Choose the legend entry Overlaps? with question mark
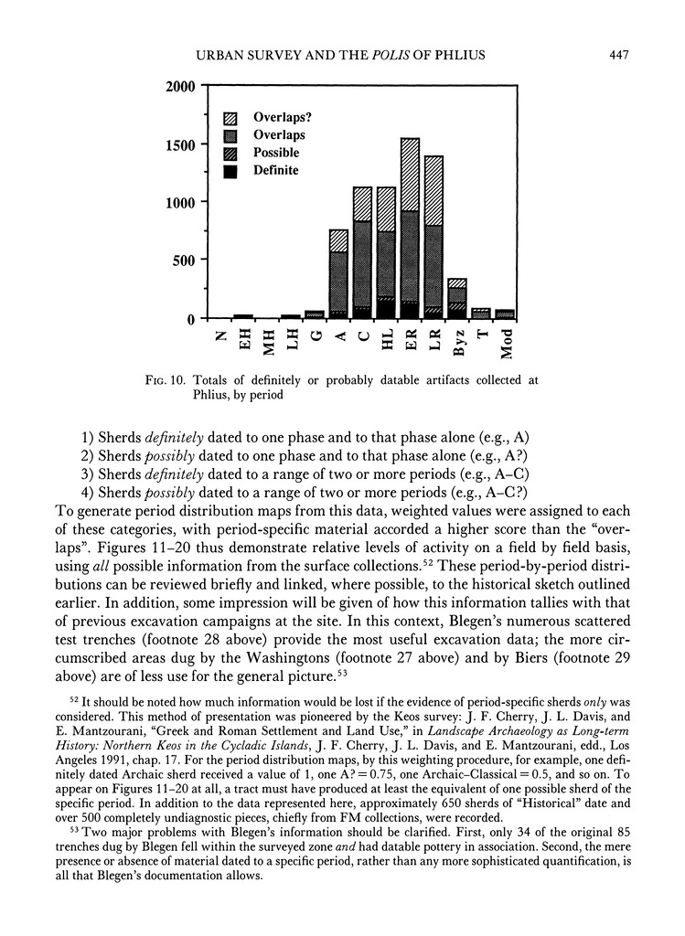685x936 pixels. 278,118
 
